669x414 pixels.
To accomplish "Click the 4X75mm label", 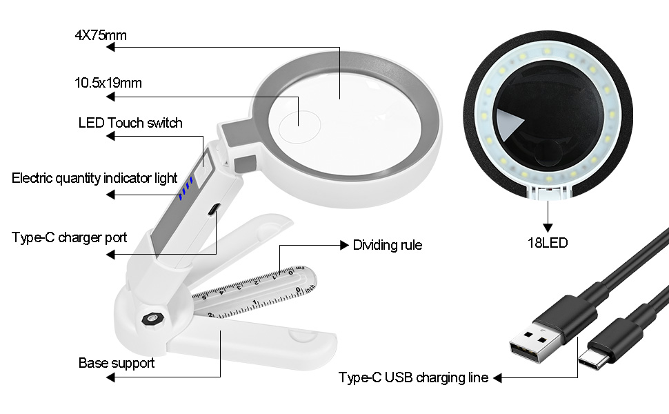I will (101, 35).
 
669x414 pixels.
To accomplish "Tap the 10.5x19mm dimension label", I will (108, 83).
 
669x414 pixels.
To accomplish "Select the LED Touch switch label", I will (130, 123).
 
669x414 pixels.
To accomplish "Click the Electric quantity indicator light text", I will (94, 178).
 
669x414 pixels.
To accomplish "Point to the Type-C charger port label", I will (70, 238).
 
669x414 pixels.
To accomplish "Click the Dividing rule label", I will (388, 245).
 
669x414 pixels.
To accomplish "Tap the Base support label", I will (117, 363).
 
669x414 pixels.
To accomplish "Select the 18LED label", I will (548, 243).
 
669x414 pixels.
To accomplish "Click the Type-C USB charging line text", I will (413, 377).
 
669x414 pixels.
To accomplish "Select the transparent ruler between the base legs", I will (255, 290).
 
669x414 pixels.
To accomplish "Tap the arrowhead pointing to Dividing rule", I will (344, 245).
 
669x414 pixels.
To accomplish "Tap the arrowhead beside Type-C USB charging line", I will (497, 377).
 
